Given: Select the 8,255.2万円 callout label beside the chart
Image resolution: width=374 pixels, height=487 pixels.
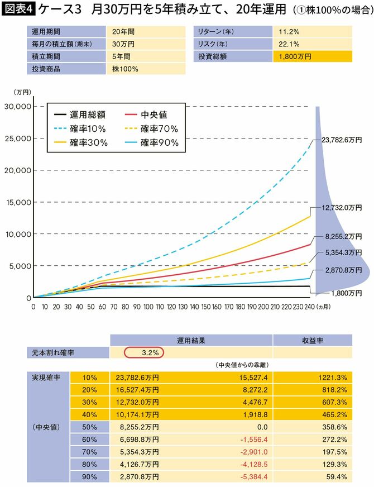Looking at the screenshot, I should pos(341,237).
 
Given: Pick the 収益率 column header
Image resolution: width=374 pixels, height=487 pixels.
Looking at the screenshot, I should pos(312,340).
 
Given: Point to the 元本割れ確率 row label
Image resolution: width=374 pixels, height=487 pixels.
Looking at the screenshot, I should pos(52,353).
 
